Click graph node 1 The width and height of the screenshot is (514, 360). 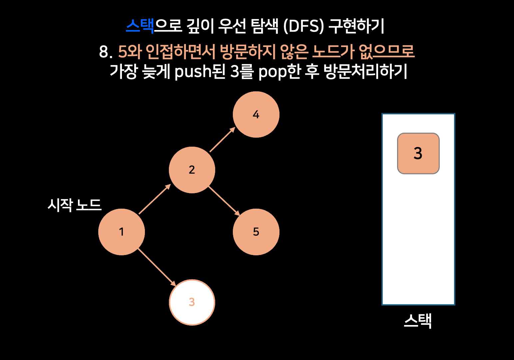click(122, 232)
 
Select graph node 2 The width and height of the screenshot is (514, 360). click(192, 170)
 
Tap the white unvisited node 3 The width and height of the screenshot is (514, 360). click(192, 302)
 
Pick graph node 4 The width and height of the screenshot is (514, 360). click(256, 114)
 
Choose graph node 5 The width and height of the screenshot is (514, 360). click(256, 232)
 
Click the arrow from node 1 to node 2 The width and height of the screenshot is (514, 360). click(155, 199)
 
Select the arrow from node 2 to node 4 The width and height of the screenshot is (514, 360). click(222, 140)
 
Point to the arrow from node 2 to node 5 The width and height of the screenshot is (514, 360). click(224, 201)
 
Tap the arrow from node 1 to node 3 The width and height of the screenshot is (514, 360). click(157, 267)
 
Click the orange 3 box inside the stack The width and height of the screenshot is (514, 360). click(418, 153)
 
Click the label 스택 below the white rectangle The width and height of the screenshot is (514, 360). click(418, 321)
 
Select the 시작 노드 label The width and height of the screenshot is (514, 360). click(74, 205)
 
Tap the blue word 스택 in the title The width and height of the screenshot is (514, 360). click(140, 26)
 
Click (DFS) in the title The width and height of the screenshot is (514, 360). click(303, 26)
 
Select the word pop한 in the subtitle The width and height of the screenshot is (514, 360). click(279, 72)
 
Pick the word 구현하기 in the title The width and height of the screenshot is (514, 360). click(356, 26)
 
